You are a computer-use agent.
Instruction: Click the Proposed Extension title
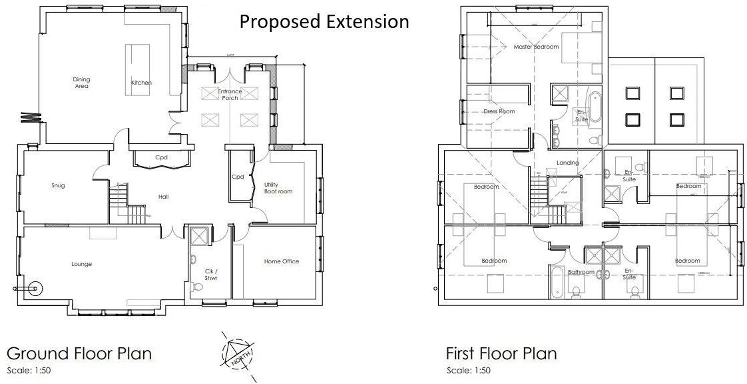(324, 21)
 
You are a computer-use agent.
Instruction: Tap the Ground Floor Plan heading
(79, 353)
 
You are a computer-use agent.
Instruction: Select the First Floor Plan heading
(501, 353)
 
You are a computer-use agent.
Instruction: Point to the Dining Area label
(81, 83)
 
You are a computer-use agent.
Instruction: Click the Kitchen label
(141, 83)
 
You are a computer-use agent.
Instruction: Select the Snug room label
(58, 185)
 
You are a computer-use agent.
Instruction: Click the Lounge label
(82, 264)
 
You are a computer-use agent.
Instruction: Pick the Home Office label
(281, 261)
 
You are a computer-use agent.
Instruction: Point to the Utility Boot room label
(278, 187)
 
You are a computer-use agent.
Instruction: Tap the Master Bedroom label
(536, 47)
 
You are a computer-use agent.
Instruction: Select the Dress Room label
(499, 111)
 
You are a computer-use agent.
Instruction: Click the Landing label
(568, 163)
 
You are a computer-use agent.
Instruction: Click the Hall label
(163, 197)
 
